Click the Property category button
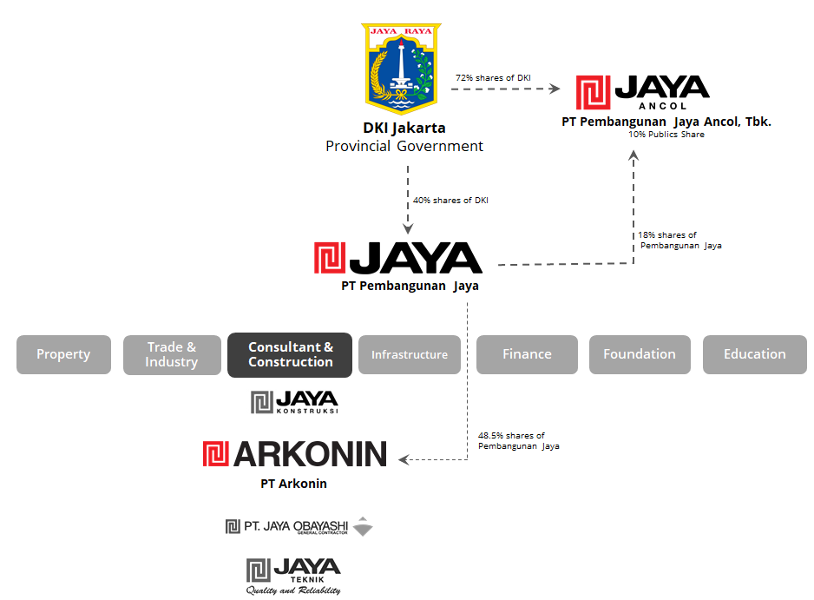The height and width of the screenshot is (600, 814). click(63, 354)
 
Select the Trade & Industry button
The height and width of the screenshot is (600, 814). click(171, 354)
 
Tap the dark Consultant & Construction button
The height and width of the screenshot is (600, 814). click(290, 354)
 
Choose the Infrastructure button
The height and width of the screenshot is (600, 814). click(410, 354)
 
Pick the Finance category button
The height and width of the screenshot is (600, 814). click(527, 354)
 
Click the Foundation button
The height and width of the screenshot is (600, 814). click(640, 354)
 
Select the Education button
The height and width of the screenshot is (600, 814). click(754, 354)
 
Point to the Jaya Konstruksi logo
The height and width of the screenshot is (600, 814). click(294, 402)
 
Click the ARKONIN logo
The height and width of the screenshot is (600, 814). click(294, 454)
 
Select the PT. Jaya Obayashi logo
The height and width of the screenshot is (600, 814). click(299, 526)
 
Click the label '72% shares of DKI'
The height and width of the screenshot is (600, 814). click(493, 78)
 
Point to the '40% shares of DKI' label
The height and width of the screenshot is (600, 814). click(450, 201)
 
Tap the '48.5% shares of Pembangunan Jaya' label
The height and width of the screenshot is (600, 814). click(518, 441)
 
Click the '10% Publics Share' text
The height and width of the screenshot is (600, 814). click(666, 135)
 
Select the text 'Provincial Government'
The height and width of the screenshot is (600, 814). click(404, 146)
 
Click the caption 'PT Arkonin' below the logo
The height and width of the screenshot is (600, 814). click(294, 484)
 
